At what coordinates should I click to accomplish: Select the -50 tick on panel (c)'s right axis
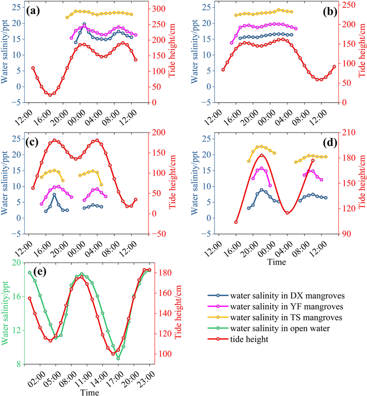click(159, 234)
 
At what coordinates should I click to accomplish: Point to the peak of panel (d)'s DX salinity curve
click(262, 190)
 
